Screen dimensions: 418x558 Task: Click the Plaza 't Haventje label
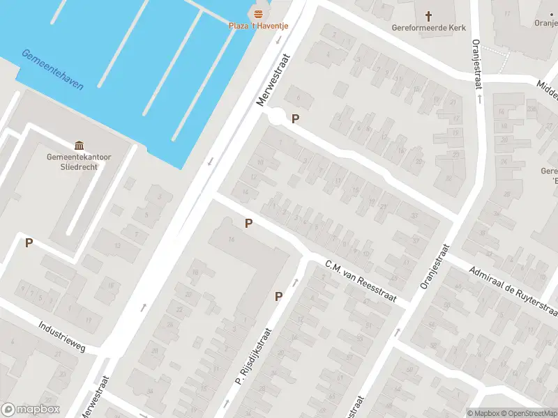click(259, 26)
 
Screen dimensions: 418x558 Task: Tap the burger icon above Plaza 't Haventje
click(259, 15)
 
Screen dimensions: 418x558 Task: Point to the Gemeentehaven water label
click(52, 70)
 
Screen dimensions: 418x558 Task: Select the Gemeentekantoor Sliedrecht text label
click(79, 162)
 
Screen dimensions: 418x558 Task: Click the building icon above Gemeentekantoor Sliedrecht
click(79, 146)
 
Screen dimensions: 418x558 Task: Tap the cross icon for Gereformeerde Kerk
click(428, 15)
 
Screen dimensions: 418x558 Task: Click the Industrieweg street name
click(61, 336)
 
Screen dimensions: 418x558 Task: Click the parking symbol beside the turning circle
click(295, 119)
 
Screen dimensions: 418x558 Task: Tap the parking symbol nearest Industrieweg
click(29, 242)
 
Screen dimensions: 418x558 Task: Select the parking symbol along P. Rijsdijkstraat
click(278, 296)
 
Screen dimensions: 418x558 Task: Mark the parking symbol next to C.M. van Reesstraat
click(248, 224)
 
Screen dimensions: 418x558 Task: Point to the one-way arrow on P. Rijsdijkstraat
click(295, 282)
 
